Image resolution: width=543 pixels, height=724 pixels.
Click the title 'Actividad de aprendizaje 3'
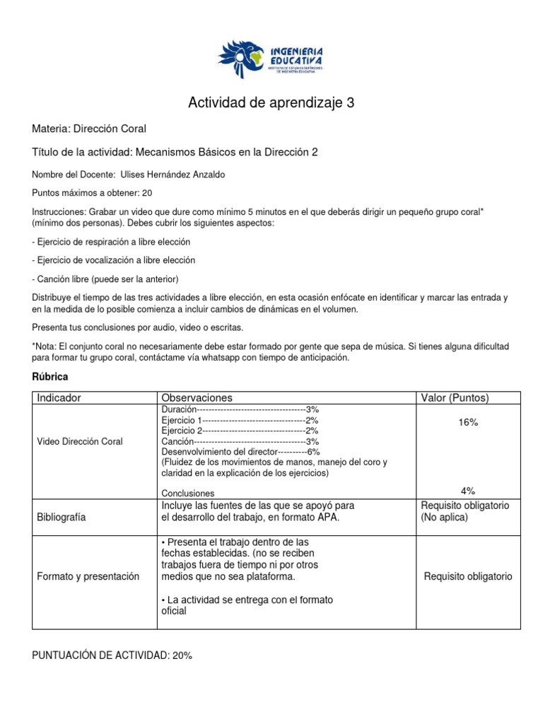tap(271, 103)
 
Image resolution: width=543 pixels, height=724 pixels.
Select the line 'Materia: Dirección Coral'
tap(89, 129)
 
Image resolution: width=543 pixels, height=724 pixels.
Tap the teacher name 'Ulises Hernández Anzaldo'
tap(183, 175)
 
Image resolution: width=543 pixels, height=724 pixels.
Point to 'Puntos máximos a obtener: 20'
tap(92, 193)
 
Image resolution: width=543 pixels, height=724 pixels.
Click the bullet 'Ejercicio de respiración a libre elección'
tap(111, 242)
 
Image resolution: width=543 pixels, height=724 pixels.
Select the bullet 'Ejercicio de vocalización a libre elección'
tap(113, 260)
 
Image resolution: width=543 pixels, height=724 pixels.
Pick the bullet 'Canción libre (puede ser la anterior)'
tap(105, 279)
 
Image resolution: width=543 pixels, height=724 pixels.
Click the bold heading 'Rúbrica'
tap(50, 378)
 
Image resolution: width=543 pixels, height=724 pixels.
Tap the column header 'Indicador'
tap(59, 398)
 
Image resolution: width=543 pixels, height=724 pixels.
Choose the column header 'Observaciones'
tap(197, 398)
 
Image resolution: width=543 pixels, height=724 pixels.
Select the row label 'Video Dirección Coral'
tap(79, 441)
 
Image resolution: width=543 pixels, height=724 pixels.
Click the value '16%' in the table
tap(467, 422)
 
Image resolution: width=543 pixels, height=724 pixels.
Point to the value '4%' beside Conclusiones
tap(467, 491)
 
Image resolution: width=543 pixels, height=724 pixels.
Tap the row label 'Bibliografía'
tap(61, 517)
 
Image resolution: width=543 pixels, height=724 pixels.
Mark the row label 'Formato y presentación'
tap(88, 576)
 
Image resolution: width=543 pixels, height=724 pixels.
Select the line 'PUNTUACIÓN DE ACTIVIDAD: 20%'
tap(112, 655)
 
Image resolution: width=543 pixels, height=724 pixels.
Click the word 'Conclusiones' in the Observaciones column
tap(187, 493)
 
